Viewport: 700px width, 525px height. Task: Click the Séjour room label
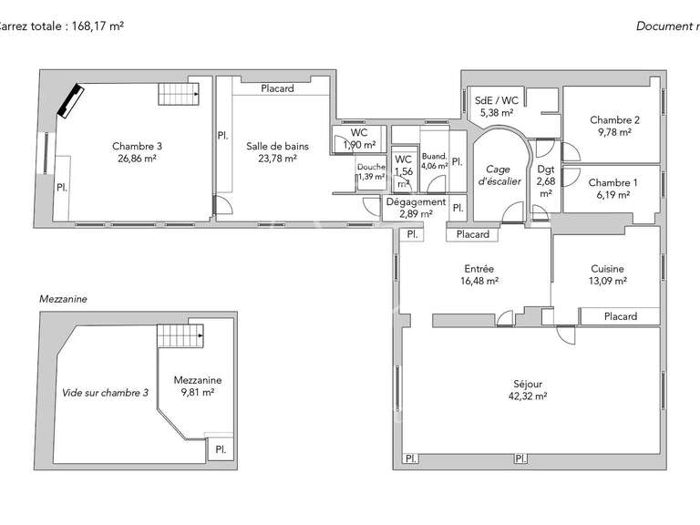tap(528, 383)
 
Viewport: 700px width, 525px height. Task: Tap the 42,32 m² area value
tap(528, 396)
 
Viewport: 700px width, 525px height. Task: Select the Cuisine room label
tap(607, 269)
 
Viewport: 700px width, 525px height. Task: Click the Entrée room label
tap(479, 269)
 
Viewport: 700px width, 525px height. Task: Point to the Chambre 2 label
tap(614, 119)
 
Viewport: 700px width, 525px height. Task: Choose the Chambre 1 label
tap(612, 182)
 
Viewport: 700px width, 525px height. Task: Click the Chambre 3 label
tap(137, 146)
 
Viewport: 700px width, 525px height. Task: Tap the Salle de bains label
tap(277, 146)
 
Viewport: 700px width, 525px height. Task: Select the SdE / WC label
tap(497, 101)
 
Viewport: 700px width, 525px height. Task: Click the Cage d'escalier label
tap(502, 175)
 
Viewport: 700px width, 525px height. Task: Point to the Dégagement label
tap(417, 202)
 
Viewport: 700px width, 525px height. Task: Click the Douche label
tap(371, 167)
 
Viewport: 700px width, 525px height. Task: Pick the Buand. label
tap(435, 157)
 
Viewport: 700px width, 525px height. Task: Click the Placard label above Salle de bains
tap(277, 88)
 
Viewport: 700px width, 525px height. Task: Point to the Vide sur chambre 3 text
tap(105, 393)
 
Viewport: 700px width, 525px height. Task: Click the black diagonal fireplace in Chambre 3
tap(70, 100)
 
